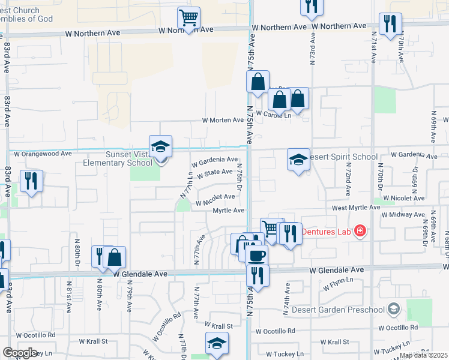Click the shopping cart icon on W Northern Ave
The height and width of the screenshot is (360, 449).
click(188, 18)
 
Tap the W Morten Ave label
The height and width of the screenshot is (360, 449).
click(222, 121)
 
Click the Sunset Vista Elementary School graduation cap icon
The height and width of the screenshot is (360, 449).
click(160, 146)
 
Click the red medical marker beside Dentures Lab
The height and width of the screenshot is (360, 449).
click(360, 231)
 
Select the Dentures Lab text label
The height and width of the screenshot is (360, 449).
click(327, 232)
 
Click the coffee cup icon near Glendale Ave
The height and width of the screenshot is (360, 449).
click(258, 256)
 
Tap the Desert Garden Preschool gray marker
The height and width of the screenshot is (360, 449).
click(394, 309)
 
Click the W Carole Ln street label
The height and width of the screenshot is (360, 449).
click(273, 114)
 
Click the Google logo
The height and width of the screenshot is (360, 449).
click(20, 353)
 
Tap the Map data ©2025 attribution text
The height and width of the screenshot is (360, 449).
click(423, 355)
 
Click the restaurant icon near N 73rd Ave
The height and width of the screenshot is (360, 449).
click(311, 6)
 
